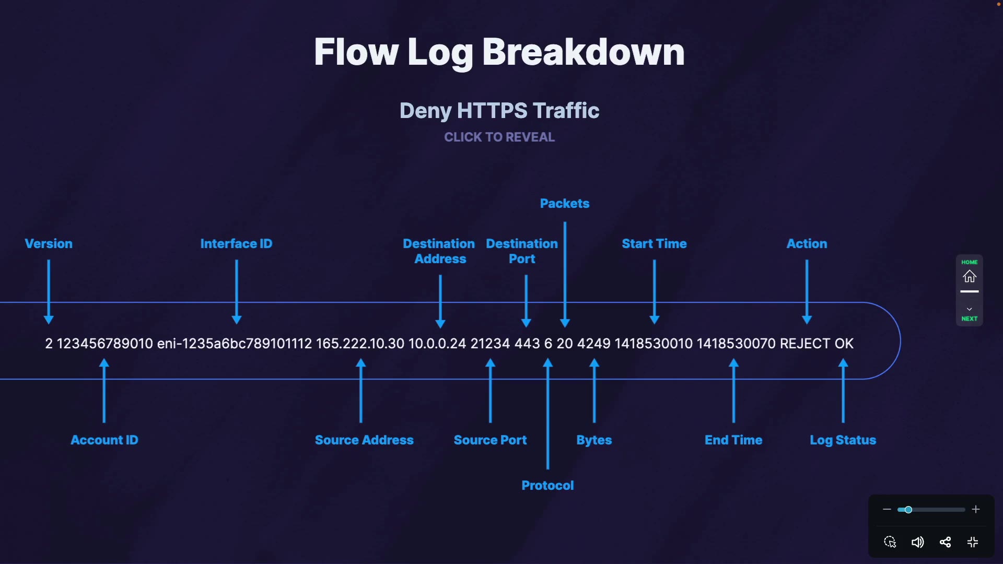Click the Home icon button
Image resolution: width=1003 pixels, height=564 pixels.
(970, 276)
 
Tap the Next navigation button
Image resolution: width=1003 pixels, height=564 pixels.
(970, 314)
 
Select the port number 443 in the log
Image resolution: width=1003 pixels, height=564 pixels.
(527, 344)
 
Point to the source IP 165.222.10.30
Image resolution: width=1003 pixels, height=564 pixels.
(360, 344)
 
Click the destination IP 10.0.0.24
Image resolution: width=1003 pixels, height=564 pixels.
(437, 344)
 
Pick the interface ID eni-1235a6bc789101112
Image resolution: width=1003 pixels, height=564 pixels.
(235, 344)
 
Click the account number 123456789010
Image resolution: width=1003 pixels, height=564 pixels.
(104, 344)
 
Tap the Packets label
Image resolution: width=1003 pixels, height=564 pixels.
(565, 204)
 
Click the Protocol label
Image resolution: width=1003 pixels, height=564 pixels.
(547, 486)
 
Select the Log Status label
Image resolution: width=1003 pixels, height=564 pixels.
(843, 440)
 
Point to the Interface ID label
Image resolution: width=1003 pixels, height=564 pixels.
(236, 244)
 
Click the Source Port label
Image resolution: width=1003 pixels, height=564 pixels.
(490, 440)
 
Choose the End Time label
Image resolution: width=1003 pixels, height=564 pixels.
(733, 440)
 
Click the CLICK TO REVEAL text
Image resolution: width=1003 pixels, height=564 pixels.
(499, 137)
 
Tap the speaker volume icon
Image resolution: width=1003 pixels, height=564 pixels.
(917, 542)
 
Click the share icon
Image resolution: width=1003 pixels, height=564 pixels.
(945, 542)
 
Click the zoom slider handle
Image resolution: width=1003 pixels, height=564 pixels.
(908, 510)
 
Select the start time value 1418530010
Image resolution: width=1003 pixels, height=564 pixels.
(654, 344)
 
